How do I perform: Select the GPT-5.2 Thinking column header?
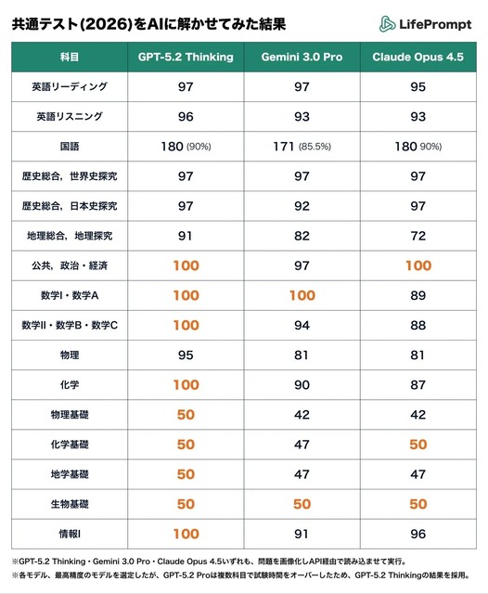186,57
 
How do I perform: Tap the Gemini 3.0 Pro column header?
302,57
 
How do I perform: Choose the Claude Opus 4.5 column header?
418,57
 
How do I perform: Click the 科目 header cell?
68,57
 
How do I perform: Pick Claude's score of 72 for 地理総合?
418,236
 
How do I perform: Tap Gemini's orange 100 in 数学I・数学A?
302,295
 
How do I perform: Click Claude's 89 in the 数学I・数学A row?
418,295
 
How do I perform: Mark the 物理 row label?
69,355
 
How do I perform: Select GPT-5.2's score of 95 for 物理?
186,355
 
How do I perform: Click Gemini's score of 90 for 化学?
302,384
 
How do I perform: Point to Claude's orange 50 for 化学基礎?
418,444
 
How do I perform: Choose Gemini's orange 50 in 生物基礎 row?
302,504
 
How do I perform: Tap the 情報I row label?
69,534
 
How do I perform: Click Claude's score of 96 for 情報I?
418,534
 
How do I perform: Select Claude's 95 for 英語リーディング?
418,86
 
